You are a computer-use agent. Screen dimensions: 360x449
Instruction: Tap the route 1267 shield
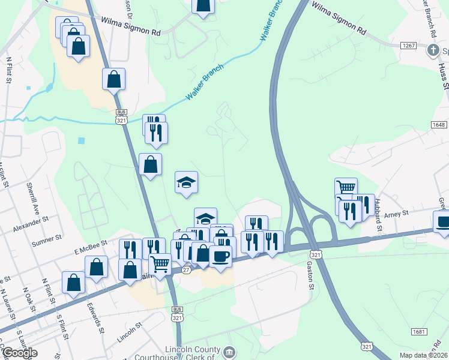tap(409, 46)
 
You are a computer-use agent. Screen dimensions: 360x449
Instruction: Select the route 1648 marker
tap(439, 124)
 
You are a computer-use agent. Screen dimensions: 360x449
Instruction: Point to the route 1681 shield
tap(419, 332)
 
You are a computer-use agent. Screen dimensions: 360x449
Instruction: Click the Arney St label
tap(396, 213)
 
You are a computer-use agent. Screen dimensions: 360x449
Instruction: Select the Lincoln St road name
tap(130, 331)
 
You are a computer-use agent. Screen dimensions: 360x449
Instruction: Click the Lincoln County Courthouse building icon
tap(229, 352)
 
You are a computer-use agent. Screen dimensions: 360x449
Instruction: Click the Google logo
tap(19, 352)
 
